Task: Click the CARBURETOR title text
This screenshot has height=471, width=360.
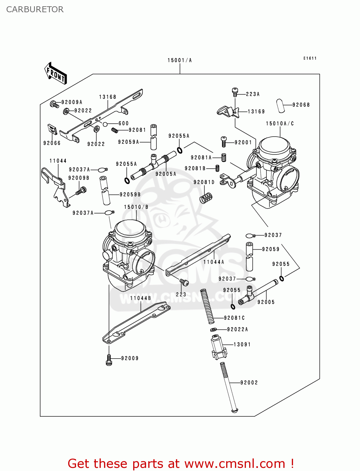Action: (35, 9)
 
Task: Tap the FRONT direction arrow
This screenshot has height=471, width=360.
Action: (56, 73)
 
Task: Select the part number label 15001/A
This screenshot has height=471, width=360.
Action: (179, 60)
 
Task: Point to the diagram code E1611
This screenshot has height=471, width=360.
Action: (310, 58)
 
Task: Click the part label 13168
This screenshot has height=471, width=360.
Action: (108, 97)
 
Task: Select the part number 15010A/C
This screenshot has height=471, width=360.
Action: (280, 123)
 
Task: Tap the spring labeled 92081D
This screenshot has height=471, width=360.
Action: (206, 198)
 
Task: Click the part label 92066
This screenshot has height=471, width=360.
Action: (52, 143)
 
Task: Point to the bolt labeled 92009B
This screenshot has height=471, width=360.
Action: (81, 190)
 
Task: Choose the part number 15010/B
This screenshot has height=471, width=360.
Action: (136, 207)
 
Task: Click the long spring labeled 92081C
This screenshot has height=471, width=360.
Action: (208, 306)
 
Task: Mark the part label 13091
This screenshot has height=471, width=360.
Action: (242, 344)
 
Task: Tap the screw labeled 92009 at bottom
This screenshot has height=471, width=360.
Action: (109, 360)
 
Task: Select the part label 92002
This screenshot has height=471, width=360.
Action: (249, 382)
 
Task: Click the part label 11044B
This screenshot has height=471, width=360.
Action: (140, 298)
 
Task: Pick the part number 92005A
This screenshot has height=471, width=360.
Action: (166, 174)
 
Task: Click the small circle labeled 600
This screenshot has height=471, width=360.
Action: (105, 124)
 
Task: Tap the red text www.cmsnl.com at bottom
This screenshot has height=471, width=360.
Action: (234, 464)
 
